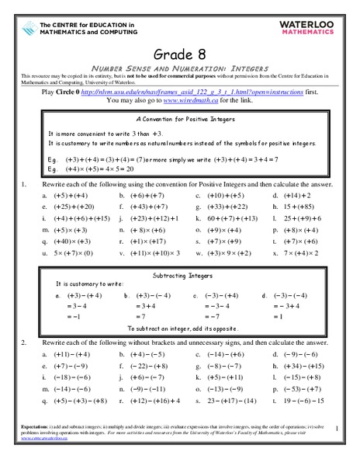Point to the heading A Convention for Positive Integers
180,120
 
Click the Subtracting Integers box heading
180,276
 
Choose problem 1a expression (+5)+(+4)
71,196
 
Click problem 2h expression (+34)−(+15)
304,365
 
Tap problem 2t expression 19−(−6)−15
303,401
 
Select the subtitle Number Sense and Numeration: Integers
180,68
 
